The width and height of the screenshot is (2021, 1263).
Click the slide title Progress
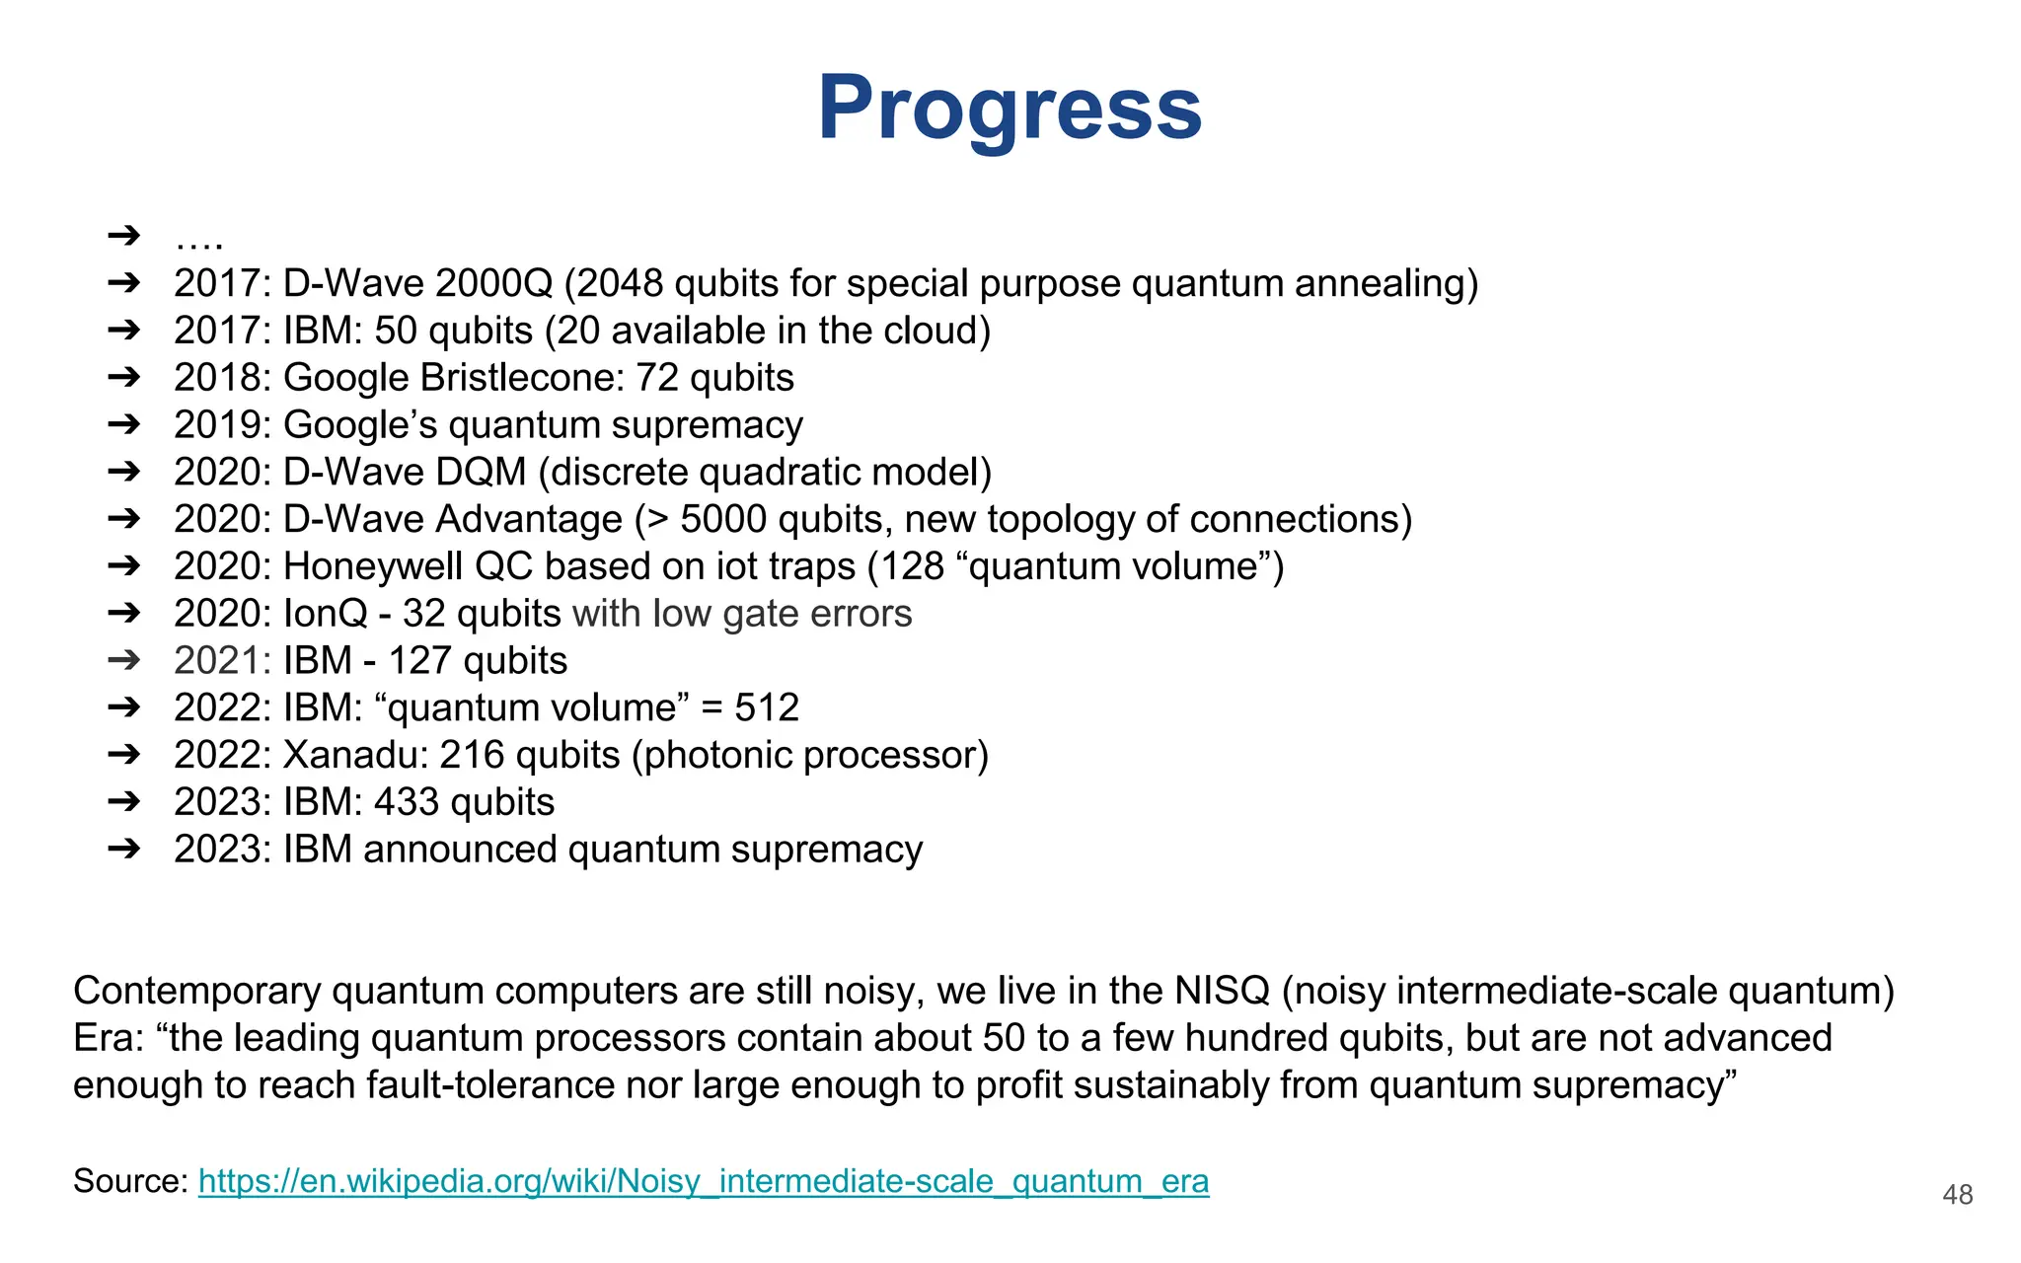point(1010,109)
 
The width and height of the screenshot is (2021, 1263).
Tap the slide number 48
point(1957,1195)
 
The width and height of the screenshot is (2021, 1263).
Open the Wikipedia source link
point(703,1181)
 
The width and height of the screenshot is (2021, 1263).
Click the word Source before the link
point(128,1181)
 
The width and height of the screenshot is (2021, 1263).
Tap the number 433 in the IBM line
point(406,802)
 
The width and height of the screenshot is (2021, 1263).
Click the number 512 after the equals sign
point(767,707)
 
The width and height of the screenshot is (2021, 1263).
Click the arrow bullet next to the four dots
point(124,236)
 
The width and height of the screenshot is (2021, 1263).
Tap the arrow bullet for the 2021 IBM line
point(124,660)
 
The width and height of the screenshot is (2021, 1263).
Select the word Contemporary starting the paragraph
point(196,991)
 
